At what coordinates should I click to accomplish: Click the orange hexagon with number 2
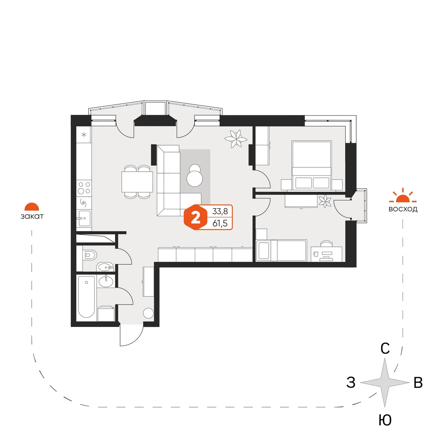196,217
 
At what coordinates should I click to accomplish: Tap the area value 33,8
220,211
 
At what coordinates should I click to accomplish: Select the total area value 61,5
220,223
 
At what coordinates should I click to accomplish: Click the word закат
32,216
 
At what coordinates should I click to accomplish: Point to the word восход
403,209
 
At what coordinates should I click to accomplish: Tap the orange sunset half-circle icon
32,206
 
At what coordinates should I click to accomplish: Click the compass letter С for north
385,348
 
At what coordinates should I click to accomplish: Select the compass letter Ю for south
385,420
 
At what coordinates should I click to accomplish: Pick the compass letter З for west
351,382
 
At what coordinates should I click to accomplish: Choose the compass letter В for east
418,383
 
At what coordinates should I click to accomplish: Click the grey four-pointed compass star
385,383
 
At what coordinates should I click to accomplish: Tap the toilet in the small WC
89,255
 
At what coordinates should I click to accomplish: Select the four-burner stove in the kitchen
84,187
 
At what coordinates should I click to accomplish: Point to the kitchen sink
84,218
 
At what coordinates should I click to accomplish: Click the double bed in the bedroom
311,165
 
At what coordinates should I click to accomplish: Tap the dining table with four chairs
137,182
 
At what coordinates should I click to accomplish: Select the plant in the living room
236,138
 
